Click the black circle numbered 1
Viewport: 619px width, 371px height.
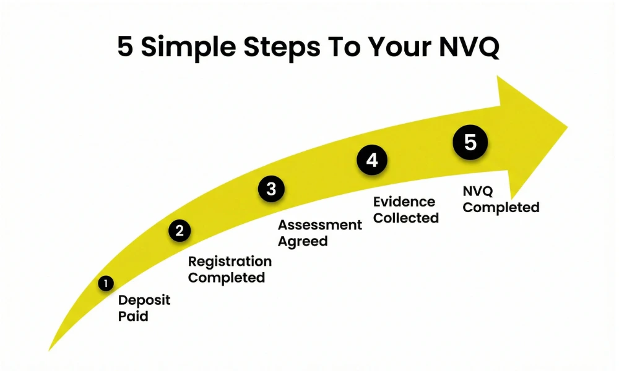106,284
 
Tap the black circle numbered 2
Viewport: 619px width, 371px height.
180,231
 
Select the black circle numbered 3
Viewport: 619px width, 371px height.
271,189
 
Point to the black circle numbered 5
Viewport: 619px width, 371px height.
470,143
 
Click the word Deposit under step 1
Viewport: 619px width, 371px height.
144,301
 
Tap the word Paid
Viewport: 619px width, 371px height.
133,317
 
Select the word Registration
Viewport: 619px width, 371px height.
230,262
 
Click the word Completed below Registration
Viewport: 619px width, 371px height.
227,278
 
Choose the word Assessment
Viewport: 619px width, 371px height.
319,225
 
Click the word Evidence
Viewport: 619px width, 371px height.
404,202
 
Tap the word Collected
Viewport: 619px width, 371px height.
406,218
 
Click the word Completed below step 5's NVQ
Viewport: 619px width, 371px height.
501,207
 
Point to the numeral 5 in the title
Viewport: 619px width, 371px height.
125,48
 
